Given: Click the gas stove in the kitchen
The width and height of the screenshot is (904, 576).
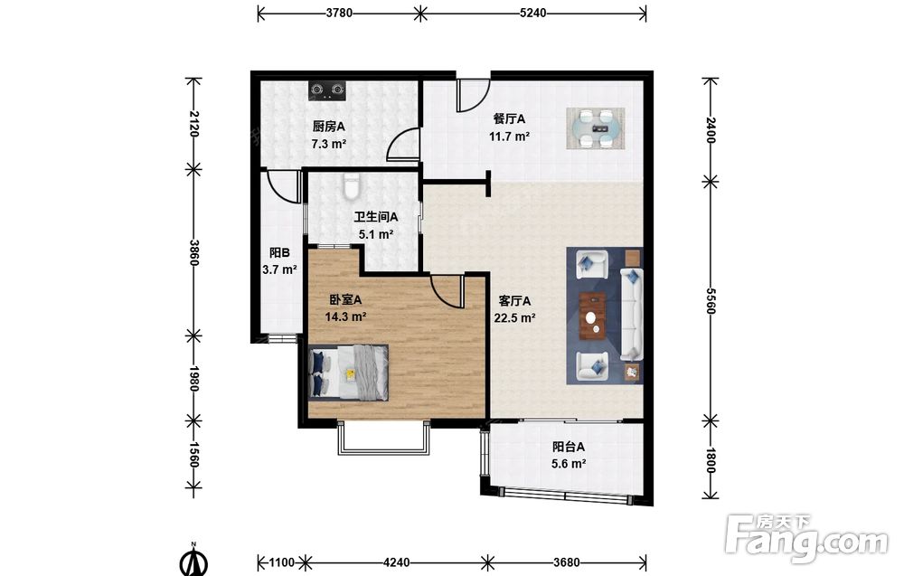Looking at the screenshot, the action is click(x=327, y=90).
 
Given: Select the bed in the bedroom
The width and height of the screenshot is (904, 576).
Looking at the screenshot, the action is click(x=348, y=373).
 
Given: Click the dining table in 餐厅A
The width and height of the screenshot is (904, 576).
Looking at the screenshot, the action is click(x=596, y=128).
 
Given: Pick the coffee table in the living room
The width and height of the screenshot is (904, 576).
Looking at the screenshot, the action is click(x=593, y=316).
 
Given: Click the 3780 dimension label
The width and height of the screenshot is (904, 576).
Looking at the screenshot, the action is click(x=339, y=13).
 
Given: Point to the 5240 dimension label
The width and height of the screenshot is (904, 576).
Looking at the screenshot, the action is click(x=532, y=13).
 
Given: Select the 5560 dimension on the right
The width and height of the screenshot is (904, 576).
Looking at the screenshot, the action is click(x=710, y=301).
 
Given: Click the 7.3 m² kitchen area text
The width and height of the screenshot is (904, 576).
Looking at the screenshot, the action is click(x=329, y=144).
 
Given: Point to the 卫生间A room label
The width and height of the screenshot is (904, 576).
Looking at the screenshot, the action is click(x=376, y=217).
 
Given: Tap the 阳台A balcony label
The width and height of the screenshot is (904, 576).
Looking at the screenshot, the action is click(x=569, y=447).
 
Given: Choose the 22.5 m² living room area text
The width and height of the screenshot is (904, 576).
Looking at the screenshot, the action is click(x=515, y=317).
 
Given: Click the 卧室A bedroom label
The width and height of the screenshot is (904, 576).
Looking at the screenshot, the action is click(x=345, y=300).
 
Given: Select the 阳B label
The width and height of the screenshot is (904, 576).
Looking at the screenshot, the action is click(x=279, y=252).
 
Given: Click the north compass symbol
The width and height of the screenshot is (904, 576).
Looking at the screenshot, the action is click(x=194, y=561).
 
